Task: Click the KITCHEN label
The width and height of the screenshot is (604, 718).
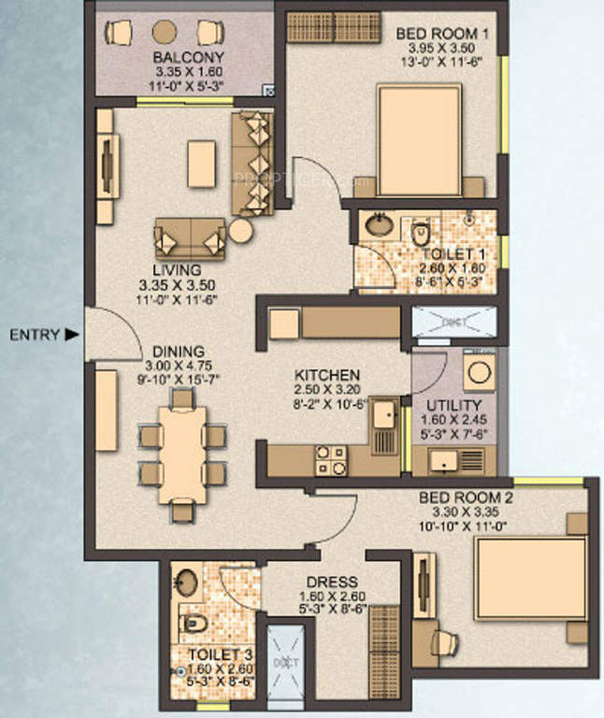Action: click(325, 375)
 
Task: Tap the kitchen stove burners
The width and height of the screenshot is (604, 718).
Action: click(330, 458)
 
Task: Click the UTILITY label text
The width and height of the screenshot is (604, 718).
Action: click(453, 406)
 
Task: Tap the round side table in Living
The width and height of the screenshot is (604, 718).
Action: click(241, 231)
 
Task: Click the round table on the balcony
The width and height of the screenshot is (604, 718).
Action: click(165, 32)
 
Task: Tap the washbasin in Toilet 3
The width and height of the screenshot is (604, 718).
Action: click(188, 583)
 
